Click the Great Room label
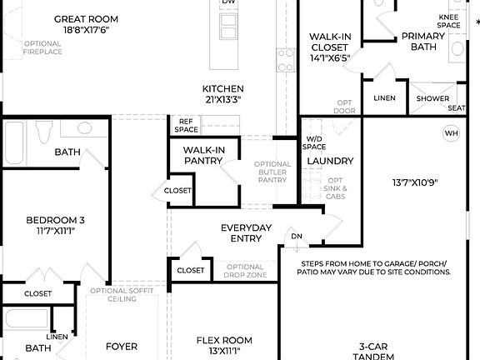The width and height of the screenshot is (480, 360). [86, 18]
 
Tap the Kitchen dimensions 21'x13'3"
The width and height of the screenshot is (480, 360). [222, 99]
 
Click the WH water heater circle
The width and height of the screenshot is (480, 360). [451, 133]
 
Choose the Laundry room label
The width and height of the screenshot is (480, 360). [330, 161]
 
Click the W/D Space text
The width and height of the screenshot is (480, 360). [314, 142]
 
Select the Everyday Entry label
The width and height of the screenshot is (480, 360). [246, 233]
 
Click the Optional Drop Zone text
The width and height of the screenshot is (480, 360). [246, 270]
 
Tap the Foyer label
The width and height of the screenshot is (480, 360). [122, 346]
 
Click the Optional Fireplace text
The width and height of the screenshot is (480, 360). [42, 47]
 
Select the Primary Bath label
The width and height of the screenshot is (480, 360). [423, 41]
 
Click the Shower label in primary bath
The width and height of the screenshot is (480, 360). [432, 98]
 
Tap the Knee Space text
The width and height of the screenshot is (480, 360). [449, 21]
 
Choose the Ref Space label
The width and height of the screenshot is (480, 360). [186, 125]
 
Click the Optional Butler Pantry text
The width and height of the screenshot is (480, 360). [272, 172]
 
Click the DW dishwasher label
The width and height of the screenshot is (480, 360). [228, 3]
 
